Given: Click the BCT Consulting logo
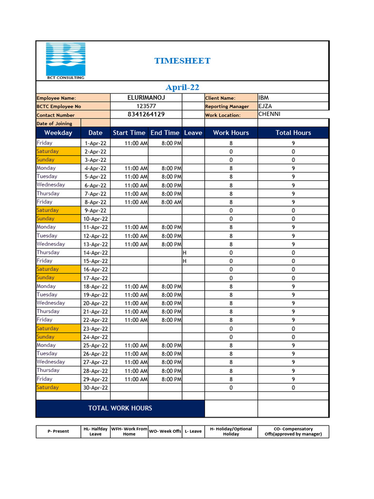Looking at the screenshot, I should tap(65, 61).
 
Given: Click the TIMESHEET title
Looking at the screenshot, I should tap(182, 61).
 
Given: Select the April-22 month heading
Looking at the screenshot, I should tap(182, 88).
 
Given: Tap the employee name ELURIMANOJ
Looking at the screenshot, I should tap(146, 98).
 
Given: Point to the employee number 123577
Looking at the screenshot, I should tap(146, 106).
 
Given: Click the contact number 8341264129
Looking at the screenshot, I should tap(146, 115).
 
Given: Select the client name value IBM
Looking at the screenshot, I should tap(263, 98).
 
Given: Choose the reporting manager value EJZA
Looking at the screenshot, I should tap(265, 106).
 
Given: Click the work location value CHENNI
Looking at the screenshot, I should tap(269, 115).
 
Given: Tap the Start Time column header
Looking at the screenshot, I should tap(129, 133).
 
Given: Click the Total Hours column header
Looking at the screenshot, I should tap(293, 133).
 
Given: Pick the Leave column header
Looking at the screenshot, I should tap(193, 133).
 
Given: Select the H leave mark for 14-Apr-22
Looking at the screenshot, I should tap(185, 253).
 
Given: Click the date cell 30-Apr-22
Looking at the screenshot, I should tap(95, 388).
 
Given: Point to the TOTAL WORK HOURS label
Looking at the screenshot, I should tap(120, 408).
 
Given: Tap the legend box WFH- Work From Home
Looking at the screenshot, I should tap(129, 432).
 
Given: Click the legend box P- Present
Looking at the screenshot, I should tap(58, 432).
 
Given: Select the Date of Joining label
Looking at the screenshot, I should tap(54, 124).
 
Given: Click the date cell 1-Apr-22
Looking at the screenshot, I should tap(95, 144).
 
